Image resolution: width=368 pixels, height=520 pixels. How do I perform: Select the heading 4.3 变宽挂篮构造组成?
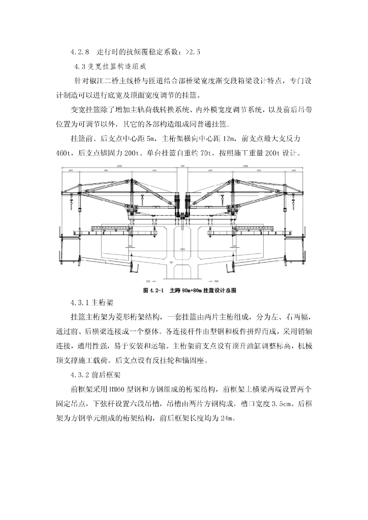(x=110, y=66)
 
